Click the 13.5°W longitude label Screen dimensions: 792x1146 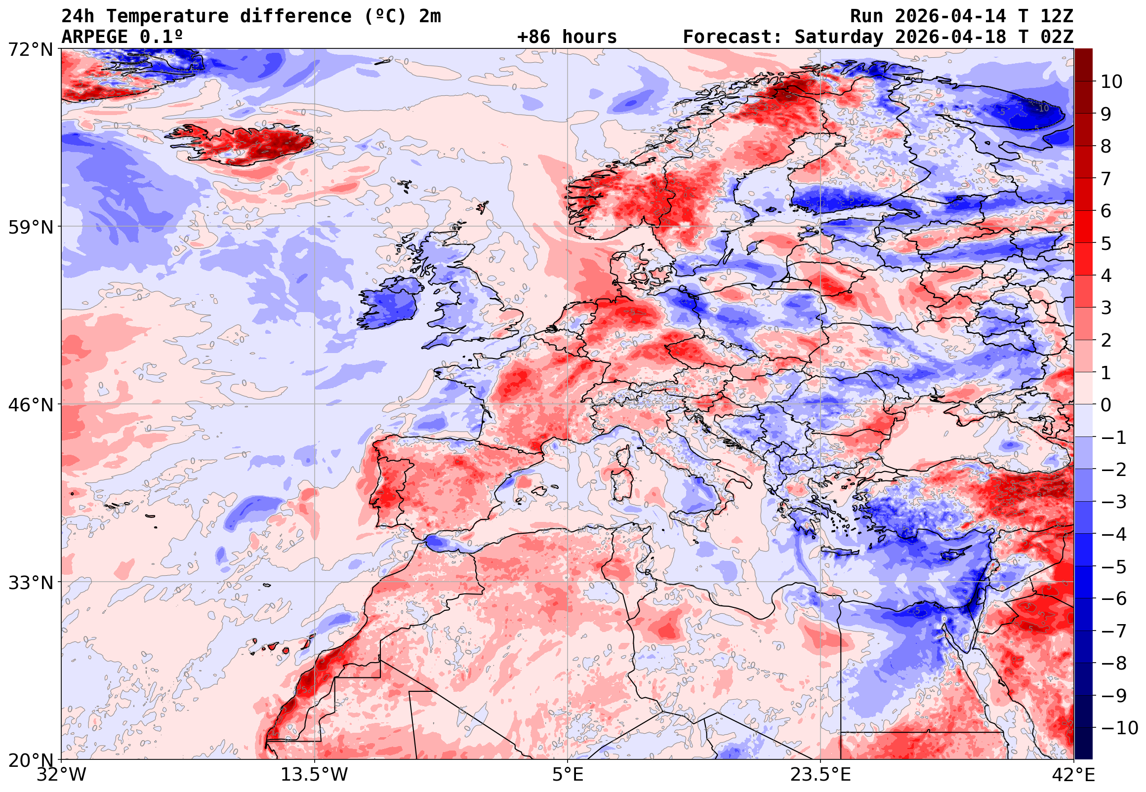[x=314, y=775]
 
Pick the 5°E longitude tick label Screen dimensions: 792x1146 [x=567, y=775]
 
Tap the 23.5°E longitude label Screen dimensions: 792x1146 [x=820, y=775]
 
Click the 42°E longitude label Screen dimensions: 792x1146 [x=1073, y=775]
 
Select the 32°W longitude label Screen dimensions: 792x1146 [x=61, y=775]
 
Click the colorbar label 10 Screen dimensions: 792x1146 [x=1111, y=82]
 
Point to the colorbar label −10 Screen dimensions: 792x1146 [x=1119, y=728]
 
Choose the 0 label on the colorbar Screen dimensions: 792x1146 [x=1106, y=405]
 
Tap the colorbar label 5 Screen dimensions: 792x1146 [x=1106, y=243]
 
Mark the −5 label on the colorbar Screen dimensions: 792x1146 [x=1114, y=566]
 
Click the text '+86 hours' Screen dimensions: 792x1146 [x=567, y=37]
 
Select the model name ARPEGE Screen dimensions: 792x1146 [x=94, y=37]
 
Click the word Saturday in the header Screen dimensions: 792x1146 [x=839, y=37]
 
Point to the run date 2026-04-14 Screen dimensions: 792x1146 [x=950, y=16]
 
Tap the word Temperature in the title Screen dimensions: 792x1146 [x=167, y=16]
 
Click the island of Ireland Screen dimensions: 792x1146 [x=389, y=305]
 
